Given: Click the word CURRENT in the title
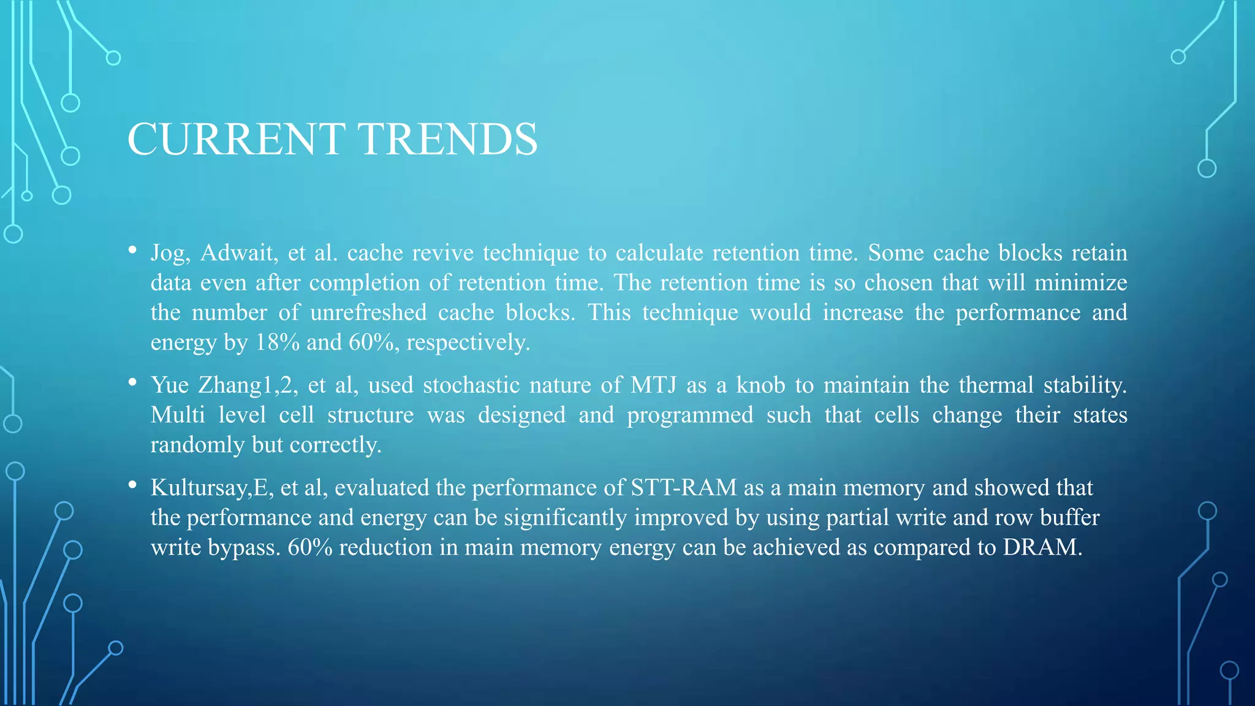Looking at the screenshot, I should click(x=236, y=140).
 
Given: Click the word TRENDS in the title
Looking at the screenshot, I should click(x=447, y=140).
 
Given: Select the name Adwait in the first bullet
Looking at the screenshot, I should click(x=239, y=253).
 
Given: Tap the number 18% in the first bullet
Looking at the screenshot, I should click(x=277, y=342).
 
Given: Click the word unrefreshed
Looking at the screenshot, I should click(x=368, y=313).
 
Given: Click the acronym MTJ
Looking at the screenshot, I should click(x=653, y=385).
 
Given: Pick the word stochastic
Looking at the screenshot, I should click(x=470, y=385).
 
